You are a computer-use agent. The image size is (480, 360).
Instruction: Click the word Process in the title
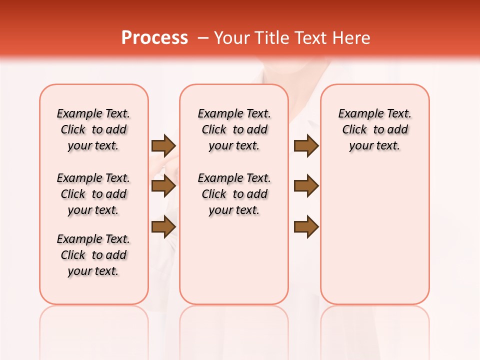point(154,38)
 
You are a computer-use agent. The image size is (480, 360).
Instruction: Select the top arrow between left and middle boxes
point(163,145)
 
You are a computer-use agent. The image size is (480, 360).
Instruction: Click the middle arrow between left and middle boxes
point(163,186)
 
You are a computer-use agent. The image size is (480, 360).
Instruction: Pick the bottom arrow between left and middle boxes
point(163,227)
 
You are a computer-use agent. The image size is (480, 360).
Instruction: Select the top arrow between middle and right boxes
point(306,145)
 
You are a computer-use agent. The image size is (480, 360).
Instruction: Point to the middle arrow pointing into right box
point(306,186)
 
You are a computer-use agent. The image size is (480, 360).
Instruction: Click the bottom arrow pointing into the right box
point(306,227)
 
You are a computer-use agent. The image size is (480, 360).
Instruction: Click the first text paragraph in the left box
point(93,129)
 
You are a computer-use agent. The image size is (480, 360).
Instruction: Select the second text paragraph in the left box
point(93,194)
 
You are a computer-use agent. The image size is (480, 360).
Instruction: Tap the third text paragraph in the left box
point(93,255)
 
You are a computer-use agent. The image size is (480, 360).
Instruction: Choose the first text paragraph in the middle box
point(234,129)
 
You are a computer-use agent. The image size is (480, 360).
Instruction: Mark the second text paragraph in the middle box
point(234,194)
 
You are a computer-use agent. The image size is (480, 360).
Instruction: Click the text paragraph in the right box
point(375,129)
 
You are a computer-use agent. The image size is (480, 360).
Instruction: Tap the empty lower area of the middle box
point(234,260)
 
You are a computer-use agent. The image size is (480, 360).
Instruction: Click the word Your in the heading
point(232,38)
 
